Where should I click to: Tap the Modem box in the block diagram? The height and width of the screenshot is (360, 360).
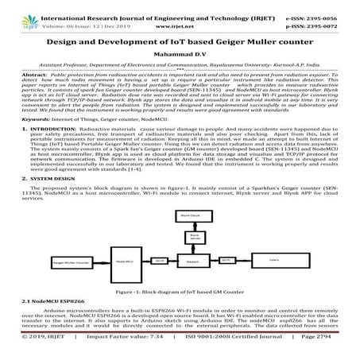pyautogui.click(x=192, y=261)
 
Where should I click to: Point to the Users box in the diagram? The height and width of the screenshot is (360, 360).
pyautogui.click(x=276, y=261)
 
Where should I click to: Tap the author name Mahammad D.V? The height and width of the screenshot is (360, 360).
pyautogui.click(x=180, y=52)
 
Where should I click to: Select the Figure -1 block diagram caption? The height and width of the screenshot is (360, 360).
pyautogui.click(x=180, y=292)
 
